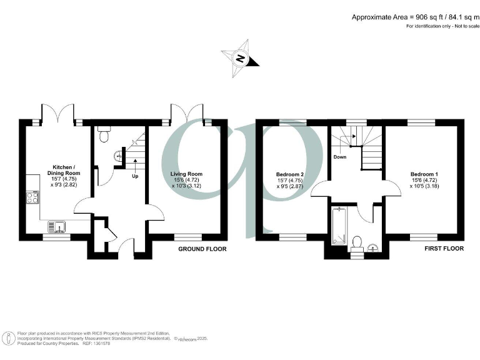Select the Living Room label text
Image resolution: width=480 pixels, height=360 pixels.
[186, 173]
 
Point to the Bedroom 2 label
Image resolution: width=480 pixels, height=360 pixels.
[290, 173]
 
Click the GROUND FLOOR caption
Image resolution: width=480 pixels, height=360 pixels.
[202, 249]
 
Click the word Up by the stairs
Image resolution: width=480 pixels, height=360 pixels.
[135, 176]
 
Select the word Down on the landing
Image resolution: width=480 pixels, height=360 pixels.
[339, 157]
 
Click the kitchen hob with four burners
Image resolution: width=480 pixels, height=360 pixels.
[32, 199]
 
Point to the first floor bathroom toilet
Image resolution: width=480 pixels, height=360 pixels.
[358, 242]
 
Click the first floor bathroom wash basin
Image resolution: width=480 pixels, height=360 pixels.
[374, 247]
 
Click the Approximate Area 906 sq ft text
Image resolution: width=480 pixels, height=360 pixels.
[414, 17]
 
